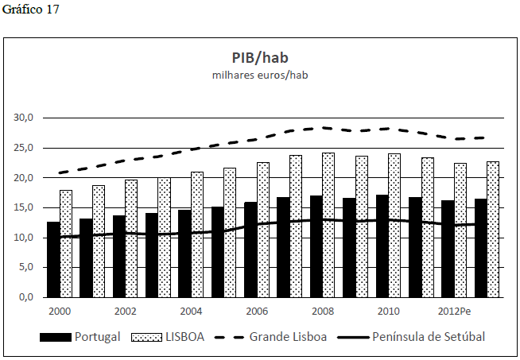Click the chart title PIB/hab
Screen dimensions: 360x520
click(x=260, y=58)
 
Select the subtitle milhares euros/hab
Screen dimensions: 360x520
click(x=260, y=75)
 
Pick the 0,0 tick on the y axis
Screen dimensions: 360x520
click(x=25, y=297)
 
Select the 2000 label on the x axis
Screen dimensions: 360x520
click(x=60, y=311)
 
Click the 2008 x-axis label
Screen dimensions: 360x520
click(x=322, y=311)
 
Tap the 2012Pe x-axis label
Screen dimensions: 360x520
click(x=454, y=311)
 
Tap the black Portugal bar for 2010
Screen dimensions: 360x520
click(x=381, y=246)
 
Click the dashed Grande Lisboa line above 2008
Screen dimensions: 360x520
click(x=322, y=127)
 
